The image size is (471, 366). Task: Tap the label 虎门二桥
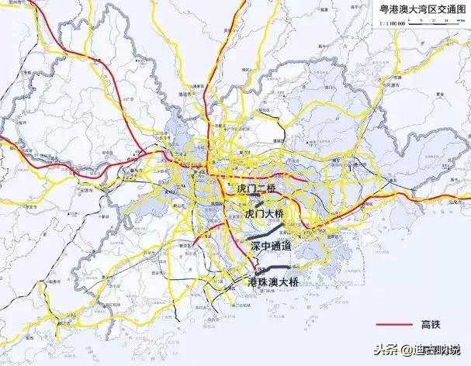tap(257, 189)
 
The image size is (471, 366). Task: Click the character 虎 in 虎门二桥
tap(241, 189)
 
